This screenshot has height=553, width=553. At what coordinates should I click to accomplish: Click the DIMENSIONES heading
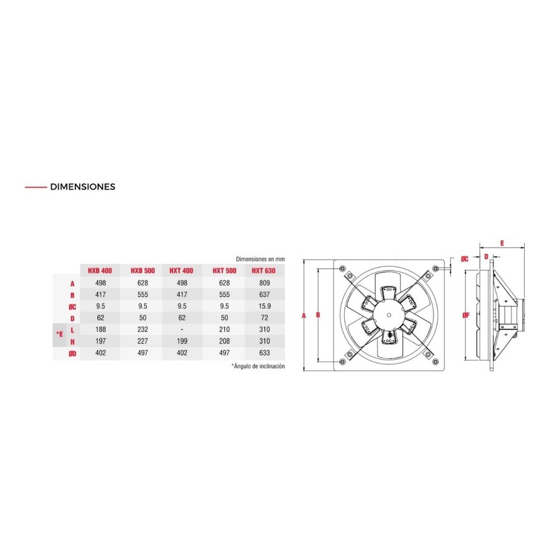coord(82,187)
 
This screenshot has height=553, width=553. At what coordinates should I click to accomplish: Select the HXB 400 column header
coord(100,271)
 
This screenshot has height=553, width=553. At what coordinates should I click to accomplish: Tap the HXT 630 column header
coord(264,271)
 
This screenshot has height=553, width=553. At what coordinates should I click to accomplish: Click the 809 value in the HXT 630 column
coord(264,283)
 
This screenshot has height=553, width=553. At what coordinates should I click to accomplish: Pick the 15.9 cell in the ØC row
coord(264,306)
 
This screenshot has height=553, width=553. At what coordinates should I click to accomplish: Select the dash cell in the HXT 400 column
coord(182,330)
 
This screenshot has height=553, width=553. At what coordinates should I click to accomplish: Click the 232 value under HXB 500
coord(142,330)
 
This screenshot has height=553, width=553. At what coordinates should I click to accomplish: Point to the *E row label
coord(60,334)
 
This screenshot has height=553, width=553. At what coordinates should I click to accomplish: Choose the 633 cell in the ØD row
coord(264,353)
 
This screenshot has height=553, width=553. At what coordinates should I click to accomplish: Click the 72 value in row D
coord(264,318)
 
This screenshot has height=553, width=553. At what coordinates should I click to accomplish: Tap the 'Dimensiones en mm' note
coord(260,259)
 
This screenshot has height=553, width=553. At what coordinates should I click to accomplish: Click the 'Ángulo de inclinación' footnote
coord(258,366)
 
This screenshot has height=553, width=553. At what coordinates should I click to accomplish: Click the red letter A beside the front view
coord(304,316)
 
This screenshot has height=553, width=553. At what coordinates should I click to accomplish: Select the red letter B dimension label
coord(318,315)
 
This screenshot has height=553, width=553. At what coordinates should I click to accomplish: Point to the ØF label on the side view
coord(466,315)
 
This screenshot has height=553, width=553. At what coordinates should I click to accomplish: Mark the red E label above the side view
coord(502,243)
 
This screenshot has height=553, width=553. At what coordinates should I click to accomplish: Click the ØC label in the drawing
coord(465,259)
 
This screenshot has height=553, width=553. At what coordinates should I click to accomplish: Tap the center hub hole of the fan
coord(389,315)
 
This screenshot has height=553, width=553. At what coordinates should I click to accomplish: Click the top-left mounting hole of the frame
coord(342,269)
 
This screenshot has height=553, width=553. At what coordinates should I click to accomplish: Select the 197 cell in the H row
coord(100,341)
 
